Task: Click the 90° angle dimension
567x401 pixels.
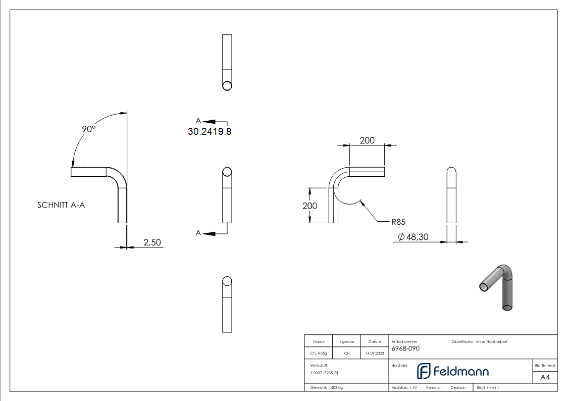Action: pos(89,129)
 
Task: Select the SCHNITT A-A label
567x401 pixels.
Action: pos(61,205)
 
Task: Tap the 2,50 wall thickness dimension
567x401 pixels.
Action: pos(152,242)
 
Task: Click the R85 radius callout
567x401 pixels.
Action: pos(398,221)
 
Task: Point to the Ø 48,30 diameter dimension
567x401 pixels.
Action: pos(413,237)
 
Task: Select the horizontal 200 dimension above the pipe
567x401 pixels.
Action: pos(367,140)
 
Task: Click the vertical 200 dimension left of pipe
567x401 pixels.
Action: pos(310,206)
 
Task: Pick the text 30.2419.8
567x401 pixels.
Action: pos(210,131)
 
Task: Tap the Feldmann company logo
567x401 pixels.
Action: pos(452,372)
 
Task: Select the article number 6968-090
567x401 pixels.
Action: pos(405,348)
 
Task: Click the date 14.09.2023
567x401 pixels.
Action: pos(374,354)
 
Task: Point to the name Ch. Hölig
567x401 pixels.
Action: pos(319,354)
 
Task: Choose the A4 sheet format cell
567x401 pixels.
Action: pos(545,377)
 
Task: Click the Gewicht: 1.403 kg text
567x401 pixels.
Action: pos(327,387)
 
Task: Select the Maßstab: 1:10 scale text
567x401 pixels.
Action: pos(404,387)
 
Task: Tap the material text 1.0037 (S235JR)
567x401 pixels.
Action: pos(324,373)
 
